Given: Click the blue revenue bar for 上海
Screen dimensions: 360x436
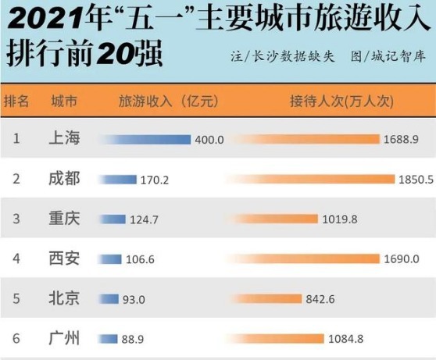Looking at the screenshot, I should pyautogui.click(x=147, y=140).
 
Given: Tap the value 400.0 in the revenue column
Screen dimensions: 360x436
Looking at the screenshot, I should pyautogui.click(x=209, y=140).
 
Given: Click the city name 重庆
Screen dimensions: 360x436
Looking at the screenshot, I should pyautogui.click(x=63, y=219).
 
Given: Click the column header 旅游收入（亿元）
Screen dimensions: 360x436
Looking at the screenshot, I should pyautogui.click(x=167, y=102).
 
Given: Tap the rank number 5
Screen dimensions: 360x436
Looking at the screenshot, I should pyautogui.click(x=16, y=298).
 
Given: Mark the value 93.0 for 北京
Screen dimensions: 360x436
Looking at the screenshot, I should pyautogui.click(x=135, y=299).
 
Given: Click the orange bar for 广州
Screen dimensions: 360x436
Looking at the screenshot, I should pyautogui.click(x=279, y=338).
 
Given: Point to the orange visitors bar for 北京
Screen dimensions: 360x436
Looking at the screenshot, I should pyautogui.click(x=267, y=298).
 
